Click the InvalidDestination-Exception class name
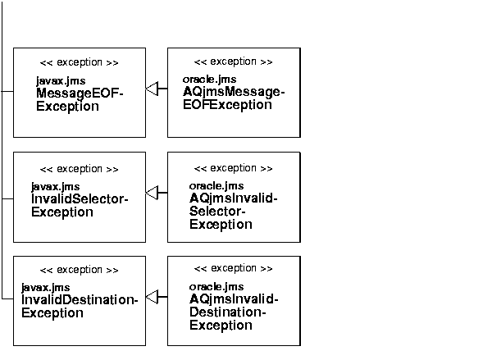[79, 306]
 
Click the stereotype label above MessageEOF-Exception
[79, 62]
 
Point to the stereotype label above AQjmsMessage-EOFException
[233, 62]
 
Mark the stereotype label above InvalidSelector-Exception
[79, 169]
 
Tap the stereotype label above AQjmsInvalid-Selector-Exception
[233, 168]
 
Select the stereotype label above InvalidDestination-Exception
[79, 270]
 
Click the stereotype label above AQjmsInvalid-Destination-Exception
[233, 269]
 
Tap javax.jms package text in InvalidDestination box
[45, 287]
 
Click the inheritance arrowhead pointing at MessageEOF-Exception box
[152, 89]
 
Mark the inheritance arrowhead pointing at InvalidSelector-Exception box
[152, 193]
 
